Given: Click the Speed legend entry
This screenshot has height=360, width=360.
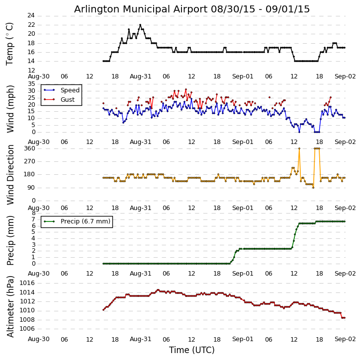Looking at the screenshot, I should point(70,90).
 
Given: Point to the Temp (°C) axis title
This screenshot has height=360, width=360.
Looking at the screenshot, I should point(10,43).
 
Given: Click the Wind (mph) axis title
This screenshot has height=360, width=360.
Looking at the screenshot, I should point(10,108).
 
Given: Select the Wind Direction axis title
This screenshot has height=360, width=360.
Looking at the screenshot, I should point(10,174).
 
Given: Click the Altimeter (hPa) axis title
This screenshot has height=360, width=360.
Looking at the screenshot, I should point(10,306).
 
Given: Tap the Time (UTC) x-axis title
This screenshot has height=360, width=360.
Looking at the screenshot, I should point(191,350).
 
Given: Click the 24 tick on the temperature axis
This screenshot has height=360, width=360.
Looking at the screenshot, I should point(31,16).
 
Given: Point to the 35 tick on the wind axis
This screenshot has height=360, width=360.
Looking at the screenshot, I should point(31,84).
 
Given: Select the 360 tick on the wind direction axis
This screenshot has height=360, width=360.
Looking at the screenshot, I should point(29,148).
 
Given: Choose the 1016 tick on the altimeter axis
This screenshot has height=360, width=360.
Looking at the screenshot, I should point(27,283).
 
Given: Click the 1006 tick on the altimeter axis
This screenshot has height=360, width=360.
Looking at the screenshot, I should point(27,329).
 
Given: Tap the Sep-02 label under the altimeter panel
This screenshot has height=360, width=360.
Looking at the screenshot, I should point(345,339).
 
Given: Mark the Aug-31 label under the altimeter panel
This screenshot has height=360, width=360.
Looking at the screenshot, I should point(141,339).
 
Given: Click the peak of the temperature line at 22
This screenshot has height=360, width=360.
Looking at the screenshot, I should point(140,25).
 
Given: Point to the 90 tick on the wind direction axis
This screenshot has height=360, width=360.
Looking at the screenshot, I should point(31,188).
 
